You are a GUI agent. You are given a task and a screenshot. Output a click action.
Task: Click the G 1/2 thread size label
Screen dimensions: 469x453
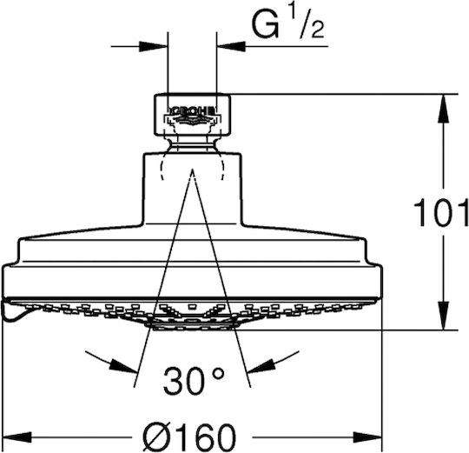[x=288, y=24]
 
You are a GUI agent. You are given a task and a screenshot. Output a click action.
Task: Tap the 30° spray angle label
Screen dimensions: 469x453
[x=194, y=380]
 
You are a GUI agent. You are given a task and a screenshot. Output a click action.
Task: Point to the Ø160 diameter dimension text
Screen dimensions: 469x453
[x=189, y=437]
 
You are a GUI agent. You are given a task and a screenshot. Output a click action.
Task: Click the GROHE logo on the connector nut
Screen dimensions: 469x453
[x=192, y=110]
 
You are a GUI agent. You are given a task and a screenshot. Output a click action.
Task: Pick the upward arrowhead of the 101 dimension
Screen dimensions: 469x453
[x=443, y=108]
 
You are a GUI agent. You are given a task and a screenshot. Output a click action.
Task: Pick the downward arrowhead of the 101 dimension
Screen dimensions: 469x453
[x=443, y=316]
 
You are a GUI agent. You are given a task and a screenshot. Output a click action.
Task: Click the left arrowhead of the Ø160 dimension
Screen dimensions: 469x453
[x=17, y=437]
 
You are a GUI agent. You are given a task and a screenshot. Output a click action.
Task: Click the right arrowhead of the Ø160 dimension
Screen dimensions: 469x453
[x=367, y=437]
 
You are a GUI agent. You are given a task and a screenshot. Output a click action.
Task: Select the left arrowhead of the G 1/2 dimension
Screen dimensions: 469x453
[x=153, y=46]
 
